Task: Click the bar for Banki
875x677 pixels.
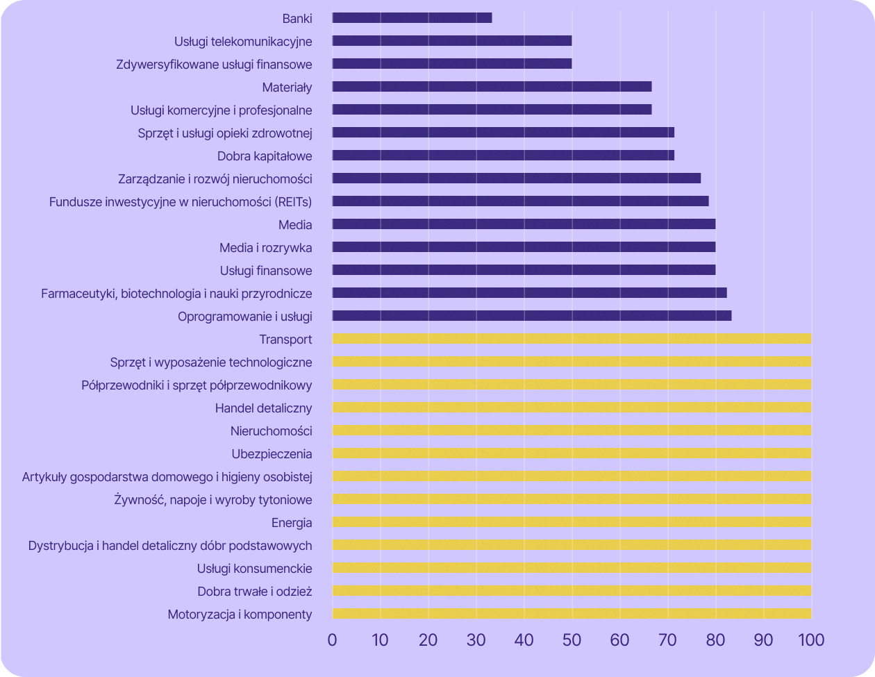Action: tap(412, 18)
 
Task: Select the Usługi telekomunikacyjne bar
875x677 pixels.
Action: tap(452, 41)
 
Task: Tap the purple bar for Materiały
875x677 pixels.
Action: tap(492, 87)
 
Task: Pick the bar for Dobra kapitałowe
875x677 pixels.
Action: tap(503, 156)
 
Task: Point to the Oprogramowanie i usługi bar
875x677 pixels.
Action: tap(532, 316)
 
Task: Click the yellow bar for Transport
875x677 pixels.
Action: tap(572, 339)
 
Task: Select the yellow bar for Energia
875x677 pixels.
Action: tap(572, 522)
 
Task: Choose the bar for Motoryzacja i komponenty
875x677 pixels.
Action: tap(572, 614)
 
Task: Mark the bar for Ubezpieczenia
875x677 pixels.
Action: tap(572, 453)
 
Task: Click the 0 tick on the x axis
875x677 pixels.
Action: tap(333, 639)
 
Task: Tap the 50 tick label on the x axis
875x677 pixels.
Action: tap(572, 639)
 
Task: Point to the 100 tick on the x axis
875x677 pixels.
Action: tap(811, 639)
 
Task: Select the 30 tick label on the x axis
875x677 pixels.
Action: tap(476, 639)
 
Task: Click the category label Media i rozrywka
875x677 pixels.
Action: tap(265, 248)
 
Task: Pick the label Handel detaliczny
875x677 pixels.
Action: tap(263, 408)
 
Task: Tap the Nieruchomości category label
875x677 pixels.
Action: tap(271, 431)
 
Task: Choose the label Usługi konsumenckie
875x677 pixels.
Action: tap(254, 569)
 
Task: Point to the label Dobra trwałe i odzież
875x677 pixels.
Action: tap(254, 592)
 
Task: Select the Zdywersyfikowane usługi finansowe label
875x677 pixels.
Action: tap(214, 65)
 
